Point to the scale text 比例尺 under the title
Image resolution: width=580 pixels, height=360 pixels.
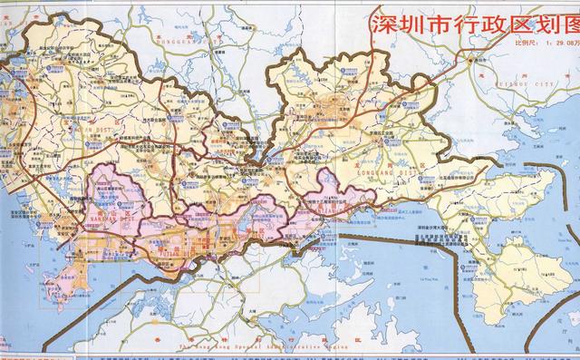click(528, 42)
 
